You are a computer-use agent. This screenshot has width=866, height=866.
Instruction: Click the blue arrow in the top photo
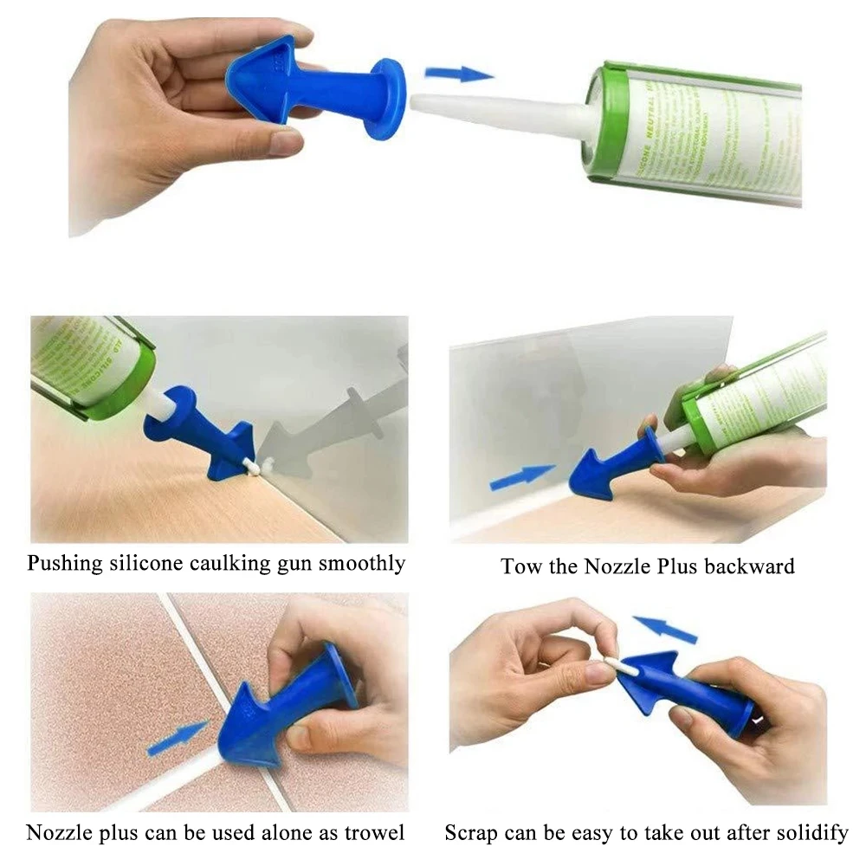[459, 74]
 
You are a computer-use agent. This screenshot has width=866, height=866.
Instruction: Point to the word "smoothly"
[361, 564]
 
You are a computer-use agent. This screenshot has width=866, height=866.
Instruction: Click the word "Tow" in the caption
[519, 567]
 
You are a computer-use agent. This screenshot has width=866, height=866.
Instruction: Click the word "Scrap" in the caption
[471, 833]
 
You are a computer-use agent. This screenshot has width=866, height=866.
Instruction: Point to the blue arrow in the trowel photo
[177, 739]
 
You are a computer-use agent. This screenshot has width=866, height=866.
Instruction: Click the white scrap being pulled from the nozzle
[614, 666]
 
